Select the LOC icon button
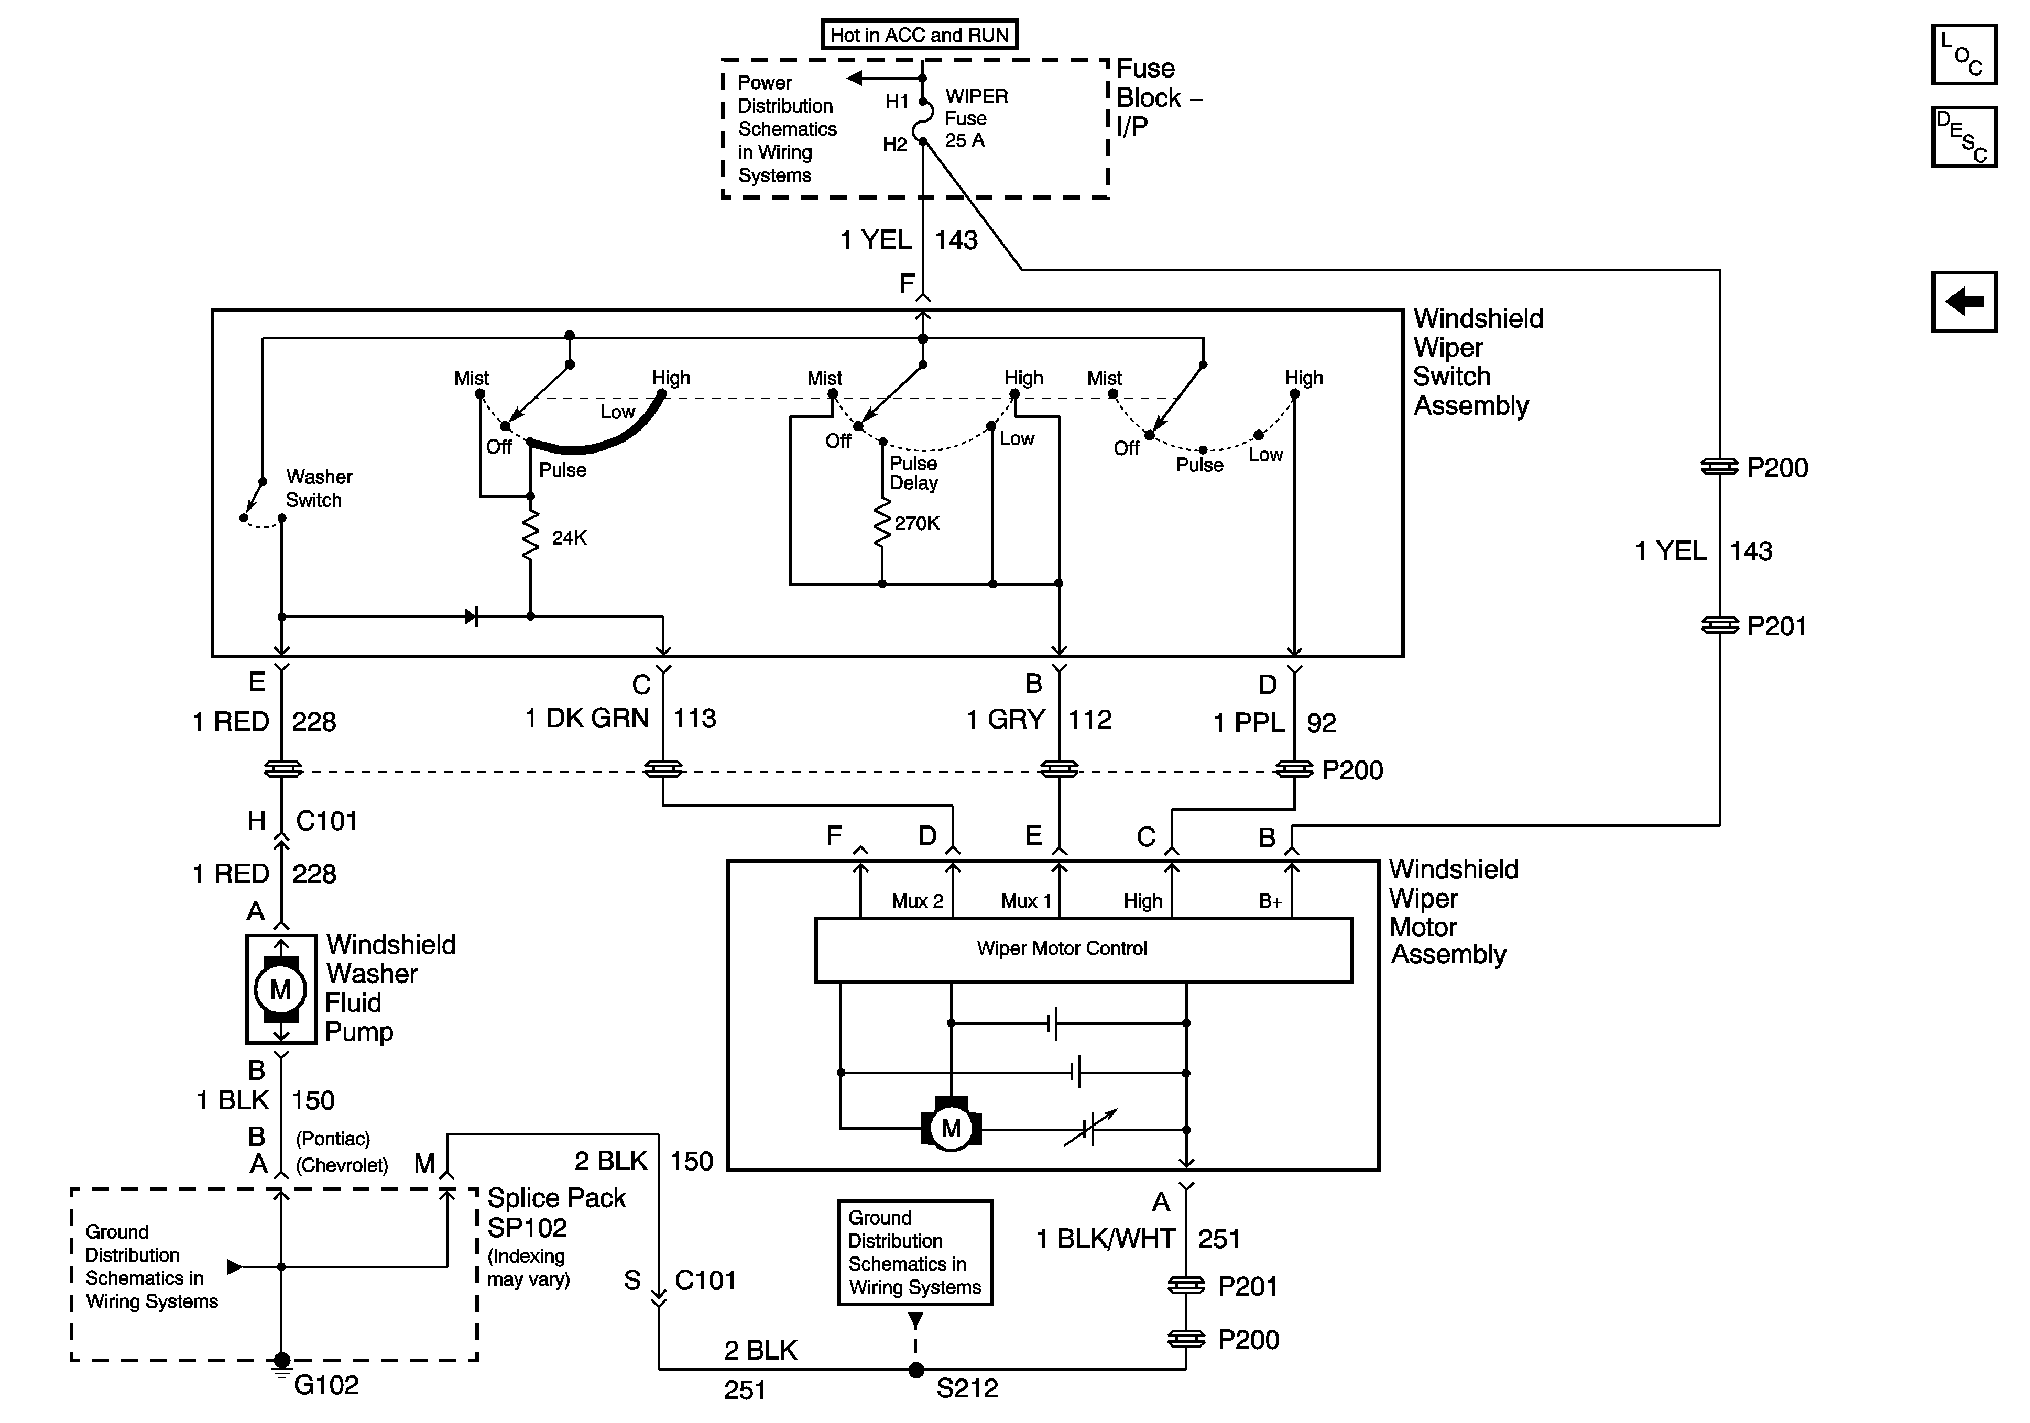pos(1963,55)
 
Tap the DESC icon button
pos(1963,137)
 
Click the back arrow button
pos(1963,301)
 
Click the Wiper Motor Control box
pos(1083,949)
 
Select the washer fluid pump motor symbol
pos(280,990)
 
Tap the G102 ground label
pos(326,1385)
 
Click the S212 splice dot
pos(916,1370)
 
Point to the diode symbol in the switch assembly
pos(471,616)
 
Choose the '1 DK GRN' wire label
pos(587,719)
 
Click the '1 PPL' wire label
pos(1248,723)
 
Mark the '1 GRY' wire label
pos(1005,720)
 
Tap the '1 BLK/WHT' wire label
pos(1105,1239)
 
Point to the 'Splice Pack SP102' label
pos(555,1212)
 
